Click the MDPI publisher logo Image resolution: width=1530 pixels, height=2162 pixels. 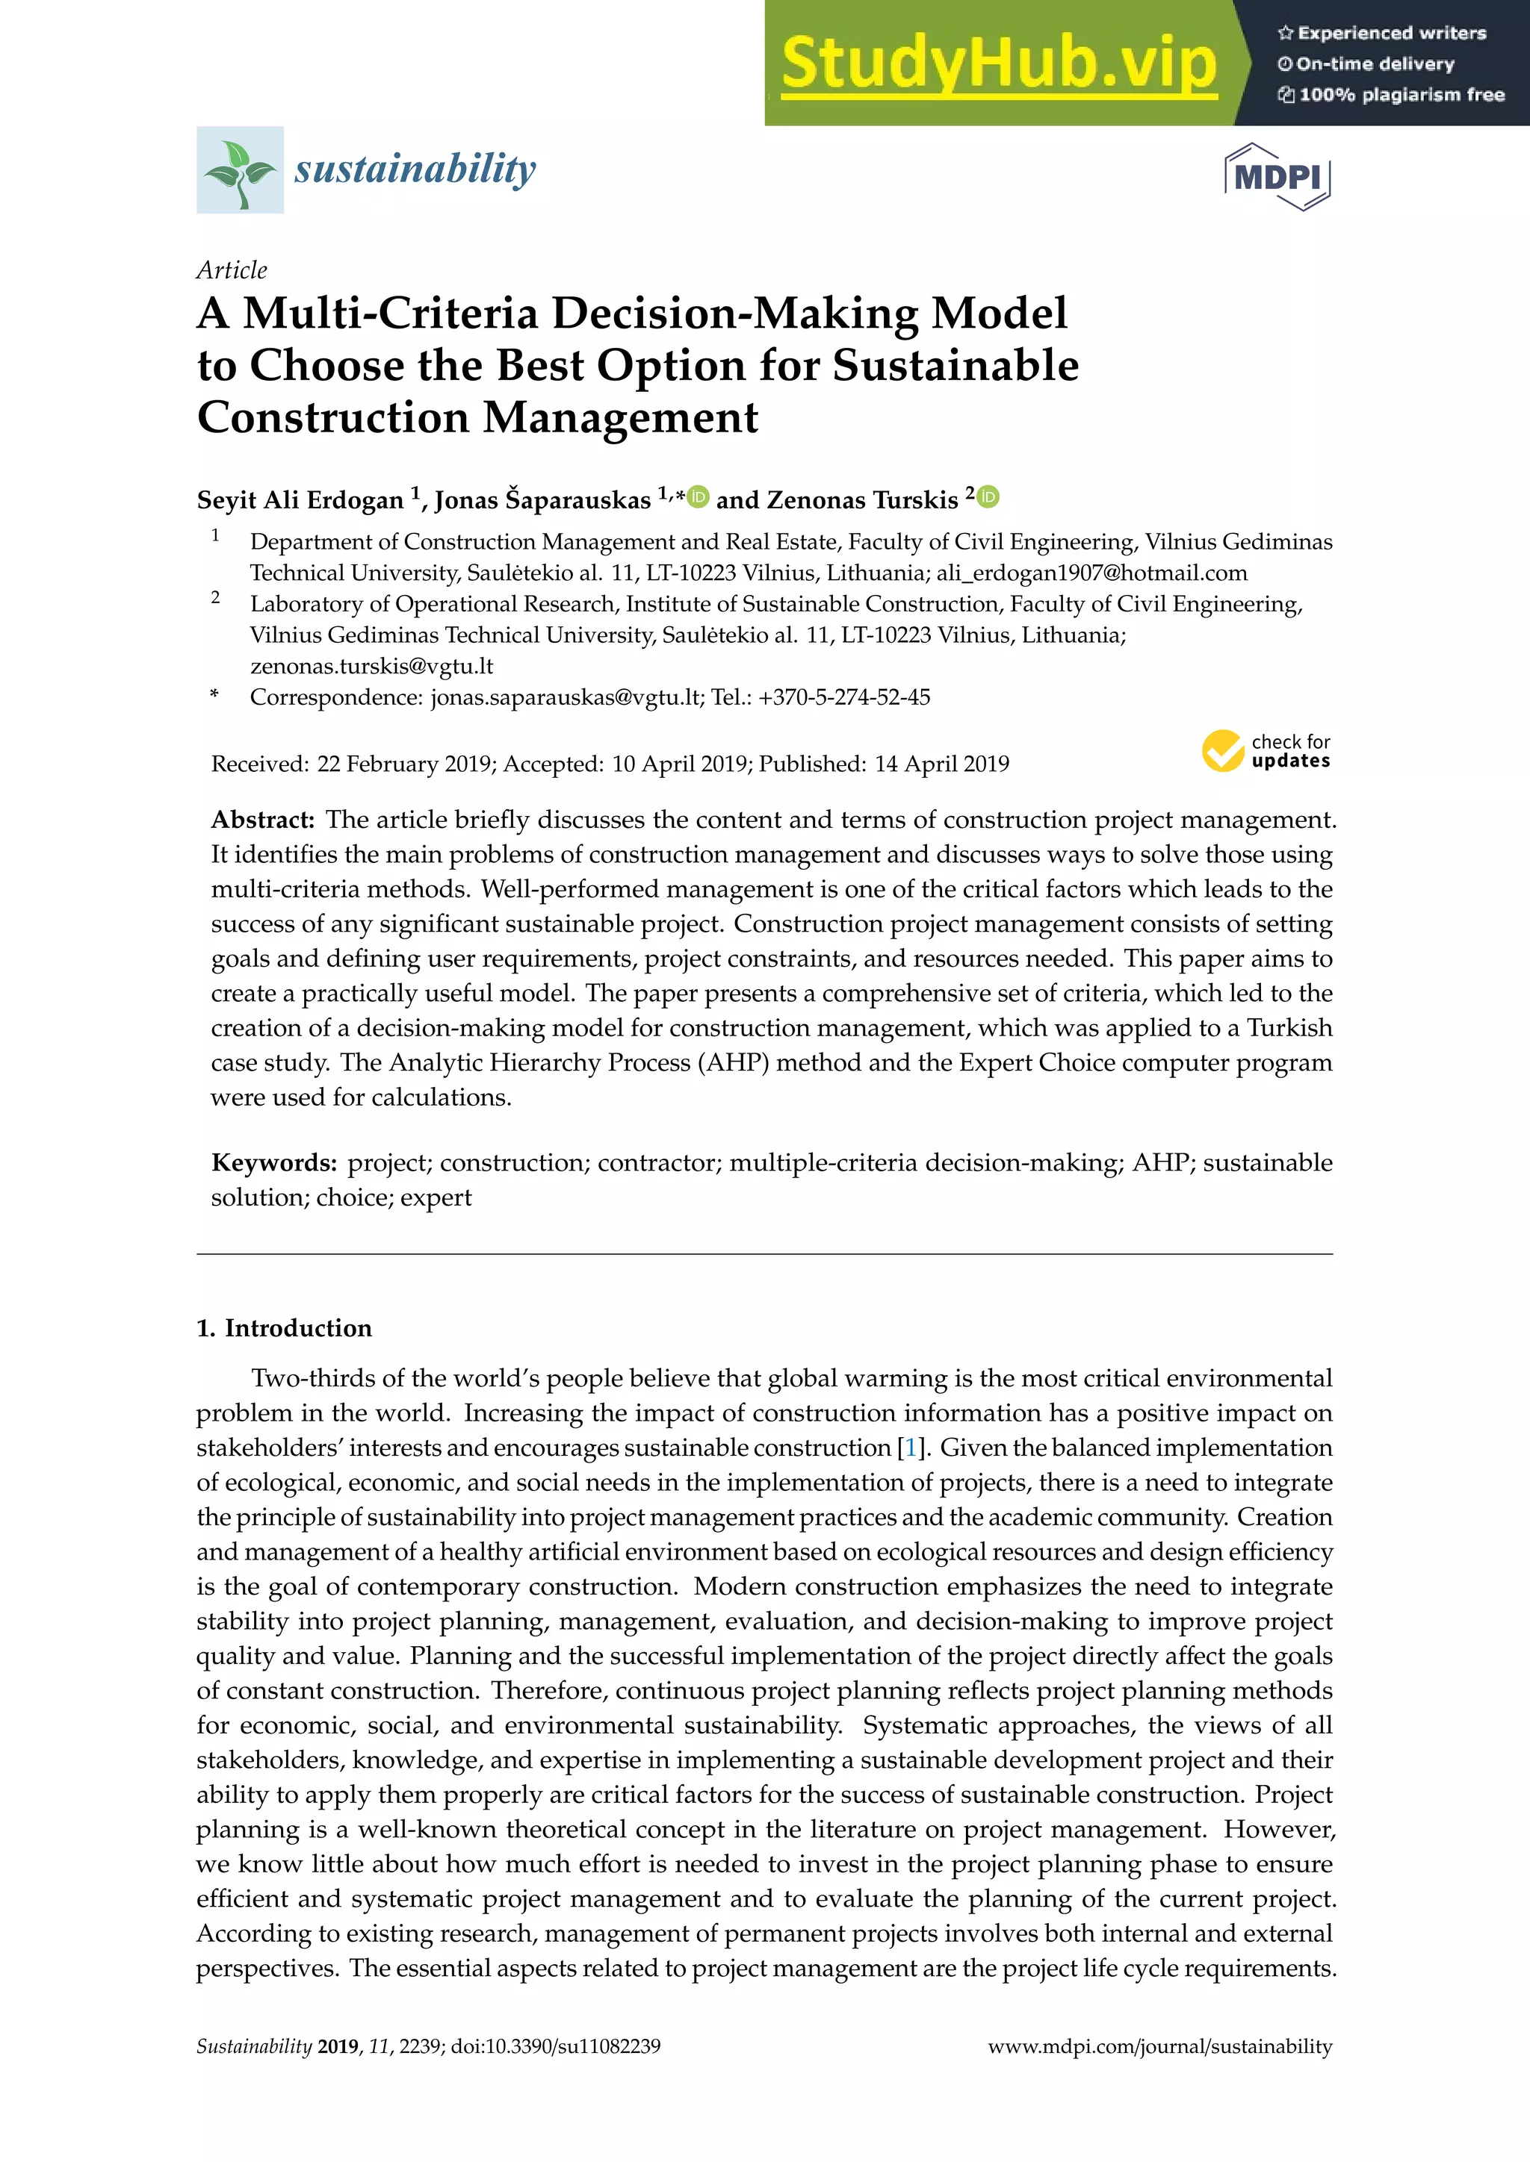[x=1277, y=177]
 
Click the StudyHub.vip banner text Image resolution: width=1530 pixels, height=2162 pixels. [x=999, y=63]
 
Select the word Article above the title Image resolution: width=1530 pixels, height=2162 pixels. [x=232, y=270]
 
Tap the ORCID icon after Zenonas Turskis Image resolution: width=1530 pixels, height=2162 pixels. [x=988, y=496]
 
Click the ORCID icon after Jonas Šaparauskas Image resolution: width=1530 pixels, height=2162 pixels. [x=698, y=496]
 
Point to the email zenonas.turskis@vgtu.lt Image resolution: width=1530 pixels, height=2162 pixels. [x=371, y=666]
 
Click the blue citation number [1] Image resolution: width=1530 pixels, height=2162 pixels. [x=910, y=1448]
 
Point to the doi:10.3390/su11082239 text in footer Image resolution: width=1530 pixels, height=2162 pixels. [x=555, y=2046]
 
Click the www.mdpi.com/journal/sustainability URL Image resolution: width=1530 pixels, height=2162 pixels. [x=1159, y=2046]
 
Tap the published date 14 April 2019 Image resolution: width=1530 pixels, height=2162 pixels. [x=941, y=764]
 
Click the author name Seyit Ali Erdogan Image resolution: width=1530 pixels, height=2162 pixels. [x=300, y=500]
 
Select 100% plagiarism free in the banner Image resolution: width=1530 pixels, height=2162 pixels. [x=1401, y=95]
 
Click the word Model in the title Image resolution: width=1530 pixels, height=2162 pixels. [x=1000, y=314]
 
